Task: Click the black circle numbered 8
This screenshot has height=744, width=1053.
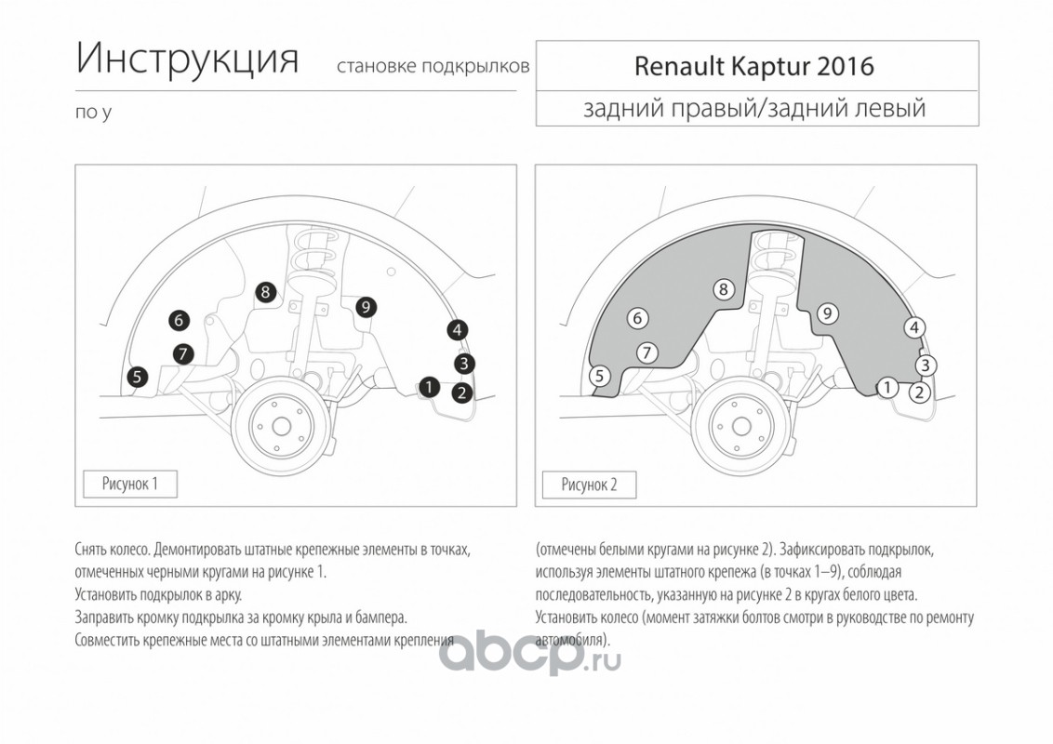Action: coord(266,292)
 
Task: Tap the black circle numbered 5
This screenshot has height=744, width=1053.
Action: coord(137,377)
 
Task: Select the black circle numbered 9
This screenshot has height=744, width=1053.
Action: coord(366,308)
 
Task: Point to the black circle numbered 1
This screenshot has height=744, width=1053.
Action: coord(429,387)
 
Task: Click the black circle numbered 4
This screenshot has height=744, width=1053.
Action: coord(458,330)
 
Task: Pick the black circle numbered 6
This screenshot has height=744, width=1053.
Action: coord(179,320)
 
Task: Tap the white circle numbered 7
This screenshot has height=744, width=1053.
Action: coord(646,352)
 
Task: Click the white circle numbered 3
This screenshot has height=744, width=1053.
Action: coord(926,365)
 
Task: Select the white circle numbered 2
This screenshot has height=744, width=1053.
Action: coord(920,392)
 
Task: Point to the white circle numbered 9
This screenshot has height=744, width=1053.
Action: coord(827,313)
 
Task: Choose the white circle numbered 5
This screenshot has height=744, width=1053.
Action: coord(600,376)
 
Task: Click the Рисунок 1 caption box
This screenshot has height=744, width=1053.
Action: coord(129,485)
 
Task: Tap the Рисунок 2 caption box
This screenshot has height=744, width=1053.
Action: coord(589,485)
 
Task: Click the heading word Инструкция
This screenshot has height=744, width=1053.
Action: coord(187,59)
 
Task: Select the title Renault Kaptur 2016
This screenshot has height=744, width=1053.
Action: coord(754,66)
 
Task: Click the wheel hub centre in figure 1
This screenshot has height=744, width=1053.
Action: coord(281,426)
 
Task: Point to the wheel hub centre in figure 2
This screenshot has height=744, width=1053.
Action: coord(740,426)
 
